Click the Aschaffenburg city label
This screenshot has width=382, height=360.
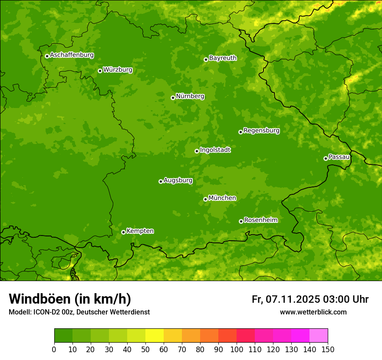point(72,55)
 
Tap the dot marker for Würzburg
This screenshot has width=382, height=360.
point(100,71)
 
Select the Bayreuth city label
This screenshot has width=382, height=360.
point(223,58)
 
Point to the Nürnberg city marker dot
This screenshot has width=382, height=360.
point(173,98)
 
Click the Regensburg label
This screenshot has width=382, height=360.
point(261,131)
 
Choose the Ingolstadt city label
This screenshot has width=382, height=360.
point(215,150)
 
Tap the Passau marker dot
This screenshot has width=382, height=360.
point(326,158)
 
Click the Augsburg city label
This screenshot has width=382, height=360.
point(178,180)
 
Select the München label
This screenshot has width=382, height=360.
point(222,198)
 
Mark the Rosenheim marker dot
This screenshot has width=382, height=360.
point(241,221)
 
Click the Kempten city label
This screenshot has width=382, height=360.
point(140,231)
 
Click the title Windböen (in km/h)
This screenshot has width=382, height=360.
point(69,299)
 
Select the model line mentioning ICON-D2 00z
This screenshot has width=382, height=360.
point(79,312)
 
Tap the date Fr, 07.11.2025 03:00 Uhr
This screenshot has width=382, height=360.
point(310,299)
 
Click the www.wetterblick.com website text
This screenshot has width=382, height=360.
point(313,312)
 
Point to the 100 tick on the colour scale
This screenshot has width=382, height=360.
point(237,349)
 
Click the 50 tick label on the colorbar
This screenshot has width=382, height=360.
point(145,349)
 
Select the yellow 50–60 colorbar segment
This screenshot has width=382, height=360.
point(155,336)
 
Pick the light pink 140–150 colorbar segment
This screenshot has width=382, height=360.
point(319,336)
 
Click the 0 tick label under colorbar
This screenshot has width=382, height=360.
point(54,349)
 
